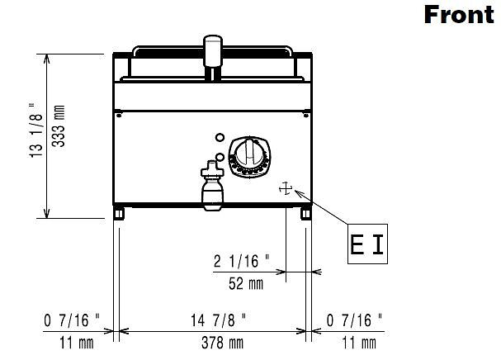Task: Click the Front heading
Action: [459, 15]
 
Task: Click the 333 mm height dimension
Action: [59, 126]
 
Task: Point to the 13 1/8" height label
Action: [36, 130]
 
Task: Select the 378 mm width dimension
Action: [222, 343]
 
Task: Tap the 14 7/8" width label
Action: [218, 320]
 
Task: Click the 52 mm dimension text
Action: [246, 283]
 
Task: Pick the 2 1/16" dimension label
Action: [241, 261]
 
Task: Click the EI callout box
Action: [367, 244]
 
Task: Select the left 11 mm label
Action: [77, 343]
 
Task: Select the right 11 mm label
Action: [359, 343]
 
